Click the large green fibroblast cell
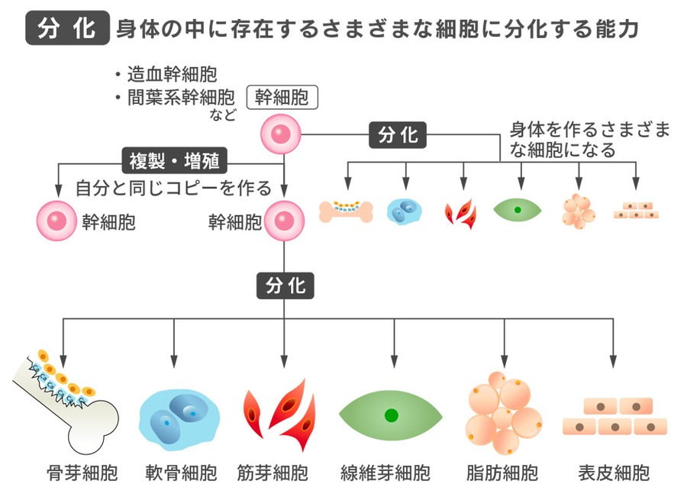392,415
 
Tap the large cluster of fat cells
502,412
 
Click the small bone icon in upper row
346,211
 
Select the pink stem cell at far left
57,222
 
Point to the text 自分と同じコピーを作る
173,187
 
